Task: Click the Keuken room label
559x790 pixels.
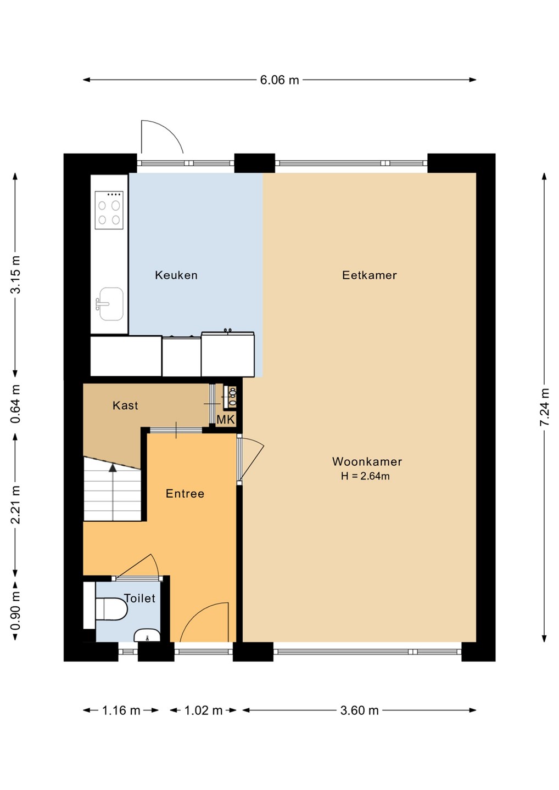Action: coord(176,275)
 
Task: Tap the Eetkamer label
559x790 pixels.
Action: coord(370,275)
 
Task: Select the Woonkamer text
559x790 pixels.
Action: coord(367,461)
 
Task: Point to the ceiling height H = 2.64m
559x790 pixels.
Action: coord(365,476)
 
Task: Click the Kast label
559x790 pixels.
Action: coord(125,405)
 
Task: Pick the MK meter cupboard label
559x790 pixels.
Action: coord(226,420)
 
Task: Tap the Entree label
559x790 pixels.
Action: coord(185,493)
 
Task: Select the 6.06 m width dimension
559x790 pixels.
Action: coord(279,80)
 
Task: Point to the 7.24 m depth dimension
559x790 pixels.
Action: coord(545,407)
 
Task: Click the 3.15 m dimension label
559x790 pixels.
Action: coord(15,274)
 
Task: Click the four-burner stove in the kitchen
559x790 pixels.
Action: coord(109,210)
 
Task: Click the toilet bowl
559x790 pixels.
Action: coord(111,608)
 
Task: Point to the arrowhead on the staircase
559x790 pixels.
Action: coord(113,467)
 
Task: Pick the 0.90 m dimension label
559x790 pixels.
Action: coord(15,611)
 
